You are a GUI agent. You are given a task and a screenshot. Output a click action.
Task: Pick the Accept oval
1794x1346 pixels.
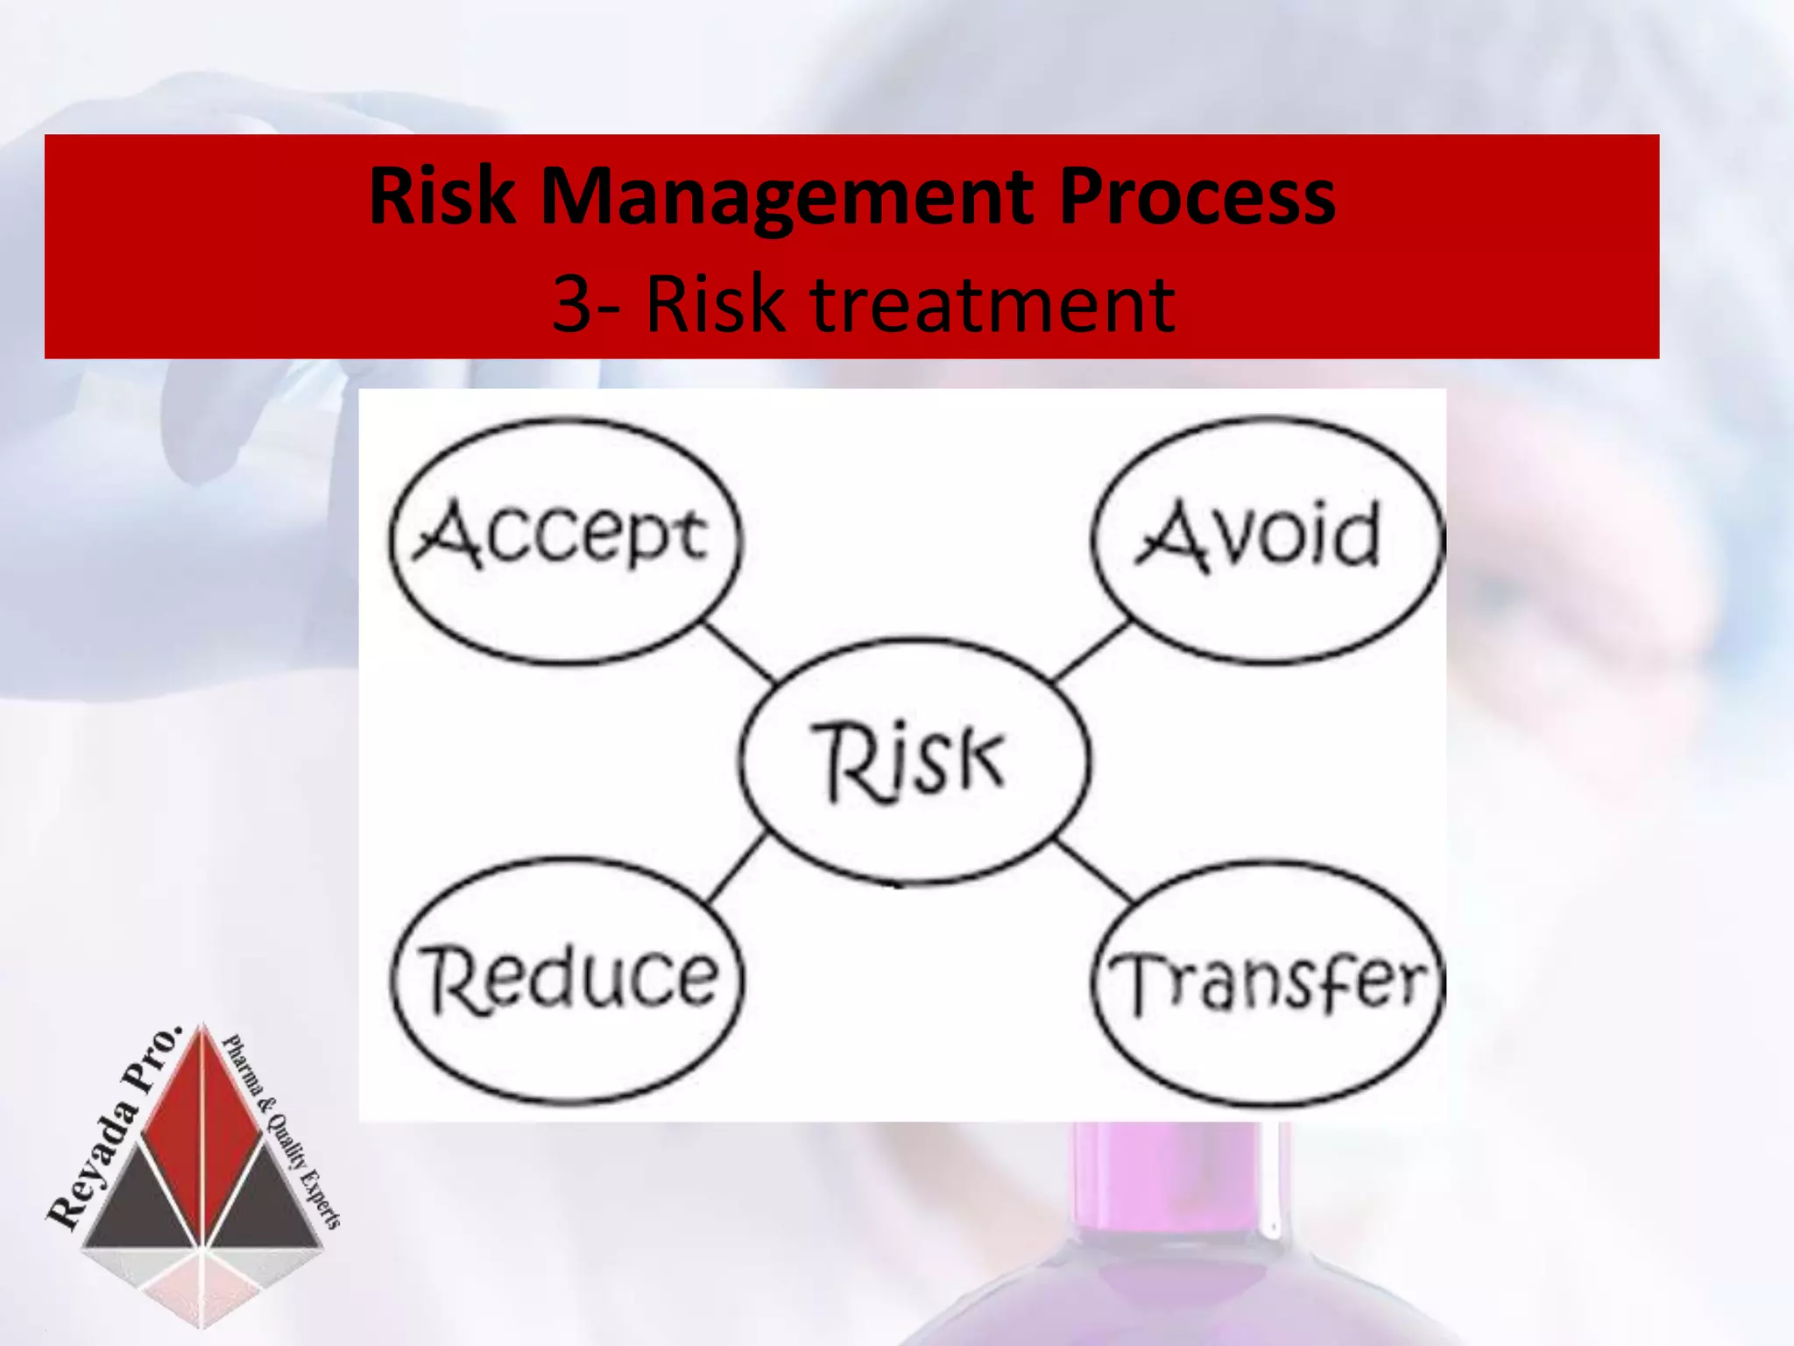565,538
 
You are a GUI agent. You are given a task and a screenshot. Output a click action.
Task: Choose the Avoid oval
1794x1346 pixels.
1266,538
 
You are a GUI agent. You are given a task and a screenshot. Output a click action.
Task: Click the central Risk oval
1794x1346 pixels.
915,760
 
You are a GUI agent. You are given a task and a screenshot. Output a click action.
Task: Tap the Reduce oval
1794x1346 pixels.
567,979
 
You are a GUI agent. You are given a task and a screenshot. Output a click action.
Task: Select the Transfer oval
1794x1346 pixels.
1268,981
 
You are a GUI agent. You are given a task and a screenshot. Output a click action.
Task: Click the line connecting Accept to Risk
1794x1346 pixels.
740,651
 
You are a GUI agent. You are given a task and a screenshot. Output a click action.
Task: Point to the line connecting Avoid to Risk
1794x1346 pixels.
1091,651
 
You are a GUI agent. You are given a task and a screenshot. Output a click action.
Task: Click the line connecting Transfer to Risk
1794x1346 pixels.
1093,870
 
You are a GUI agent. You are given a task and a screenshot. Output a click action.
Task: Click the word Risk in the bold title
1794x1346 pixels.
442,197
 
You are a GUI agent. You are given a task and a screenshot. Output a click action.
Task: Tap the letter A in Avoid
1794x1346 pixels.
1172,536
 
